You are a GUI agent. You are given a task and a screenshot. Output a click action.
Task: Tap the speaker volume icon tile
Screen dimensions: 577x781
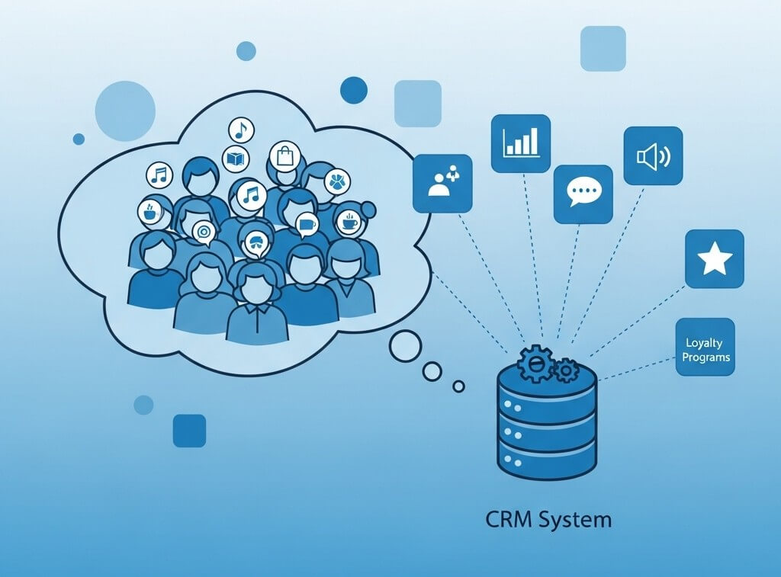[653, 155]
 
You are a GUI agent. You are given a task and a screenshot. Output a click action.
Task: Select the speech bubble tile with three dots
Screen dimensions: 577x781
[583, 194]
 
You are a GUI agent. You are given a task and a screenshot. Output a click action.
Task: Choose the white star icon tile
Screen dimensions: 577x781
[714, 259]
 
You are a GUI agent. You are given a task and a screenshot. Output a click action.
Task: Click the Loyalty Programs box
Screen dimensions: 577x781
[705, 347]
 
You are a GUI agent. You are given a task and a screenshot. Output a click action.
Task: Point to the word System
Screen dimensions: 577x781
[576, 520]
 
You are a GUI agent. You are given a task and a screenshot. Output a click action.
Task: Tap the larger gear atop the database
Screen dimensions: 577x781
[535, 364]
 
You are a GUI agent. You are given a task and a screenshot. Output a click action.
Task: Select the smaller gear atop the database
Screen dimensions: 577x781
[565, 371]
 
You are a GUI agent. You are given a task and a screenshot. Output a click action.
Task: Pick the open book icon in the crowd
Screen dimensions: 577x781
[236, 159]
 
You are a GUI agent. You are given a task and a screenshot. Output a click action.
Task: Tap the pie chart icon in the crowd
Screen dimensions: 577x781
[336, 182]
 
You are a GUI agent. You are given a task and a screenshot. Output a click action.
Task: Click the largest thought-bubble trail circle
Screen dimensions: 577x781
[405, 347]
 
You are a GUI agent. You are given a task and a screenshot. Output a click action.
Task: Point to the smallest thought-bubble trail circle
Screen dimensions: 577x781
[458, 386]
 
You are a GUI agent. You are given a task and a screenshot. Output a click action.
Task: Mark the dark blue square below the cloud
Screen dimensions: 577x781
[189, 430]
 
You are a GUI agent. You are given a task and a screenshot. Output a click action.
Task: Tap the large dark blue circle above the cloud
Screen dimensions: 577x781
[354, 90]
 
